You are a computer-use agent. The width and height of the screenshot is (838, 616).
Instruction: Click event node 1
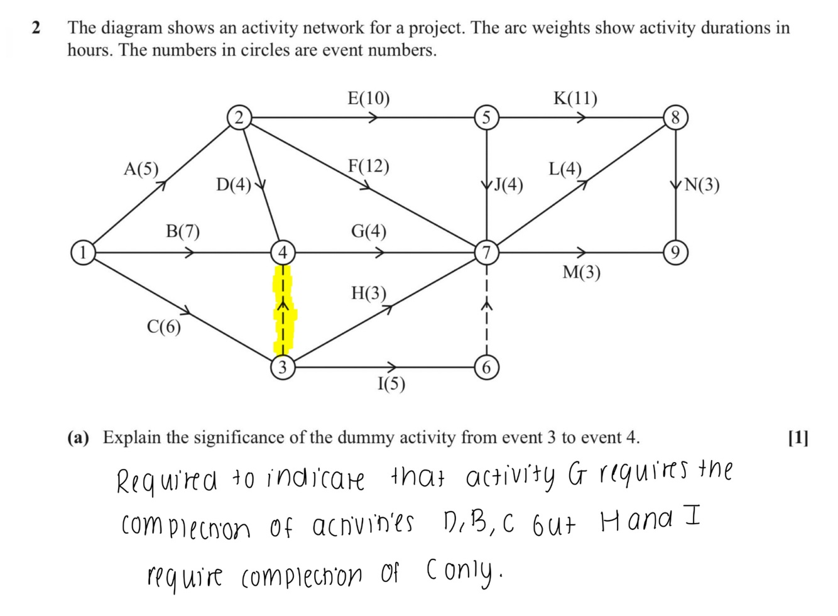(x=82, y=251)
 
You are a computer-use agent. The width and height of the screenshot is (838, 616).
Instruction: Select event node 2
(x=238, y=118)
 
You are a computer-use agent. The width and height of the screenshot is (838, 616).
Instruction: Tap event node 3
(x=283, y=366)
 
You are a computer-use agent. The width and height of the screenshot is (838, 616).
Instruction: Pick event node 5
(x=486, y=118)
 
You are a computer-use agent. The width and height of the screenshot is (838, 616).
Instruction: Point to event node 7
(x=486, y=253)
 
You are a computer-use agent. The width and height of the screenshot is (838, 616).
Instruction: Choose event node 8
(x=676, y=118)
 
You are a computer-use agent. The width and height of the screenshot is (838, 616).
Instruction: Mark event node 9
(x=676, y=253)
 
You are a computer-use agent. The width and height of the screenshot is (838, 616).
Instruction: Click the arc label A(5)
(x=141, y=169)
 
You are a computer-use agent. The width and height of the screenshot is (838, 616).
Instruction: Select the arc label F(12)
(x=369, y=167)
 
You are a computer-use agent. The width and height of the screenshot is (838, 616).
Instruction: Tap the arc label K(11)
(x=575, y=99)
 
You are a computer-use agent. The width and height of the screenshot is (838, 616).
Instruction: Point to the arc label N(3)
(x=702, y=185)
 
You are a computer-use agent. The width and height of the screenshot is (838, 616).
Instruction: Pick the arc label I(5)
(x=391, y=384)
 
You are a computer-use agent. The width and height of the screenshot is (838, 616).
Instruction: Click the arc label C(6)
(x=163, y=327)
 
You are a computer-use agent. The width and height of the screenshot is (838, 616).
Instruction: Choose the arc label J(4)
(x=508, y=185)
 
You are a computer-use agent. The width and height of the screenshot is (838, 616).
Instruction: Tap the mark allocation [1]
(x=798, y=437)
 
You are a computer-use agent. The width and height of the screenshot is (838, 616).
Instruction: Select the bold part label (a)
(x=79, y=437)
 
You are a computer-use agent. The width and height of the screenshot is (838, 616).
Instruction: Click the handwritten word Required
(x=167, y=482)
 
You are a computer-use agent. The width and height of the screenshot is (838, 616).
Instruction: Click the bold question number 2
(x=36, y=28)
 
